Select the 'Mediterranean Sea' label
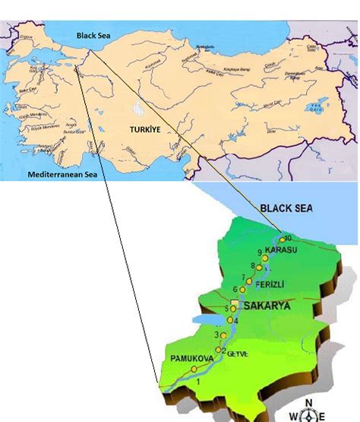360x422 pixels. pyautogui.click(x=64, y=175)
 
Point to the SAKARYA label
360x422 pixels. pyautogui.click(x=267, y=306)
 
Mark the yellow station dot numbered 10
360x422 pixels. pyautogui.click(x=283, y=240)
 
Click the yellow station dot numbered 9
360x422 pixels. pyautogui.click(x=265, y=259)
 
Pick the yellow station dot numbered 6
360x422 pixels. pyautogui.click(x=242, y=290)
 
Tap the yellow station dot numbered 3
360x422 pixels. pyautogui.click(x=223, y=335)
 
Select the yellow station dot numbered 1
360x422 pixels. pyautogui.click(x=194, y=369)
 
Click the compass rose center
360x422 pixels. pyautogui.click(x=309, y=415)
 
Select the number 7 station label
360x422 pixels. pyautogui.click(x=242, y=277)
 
